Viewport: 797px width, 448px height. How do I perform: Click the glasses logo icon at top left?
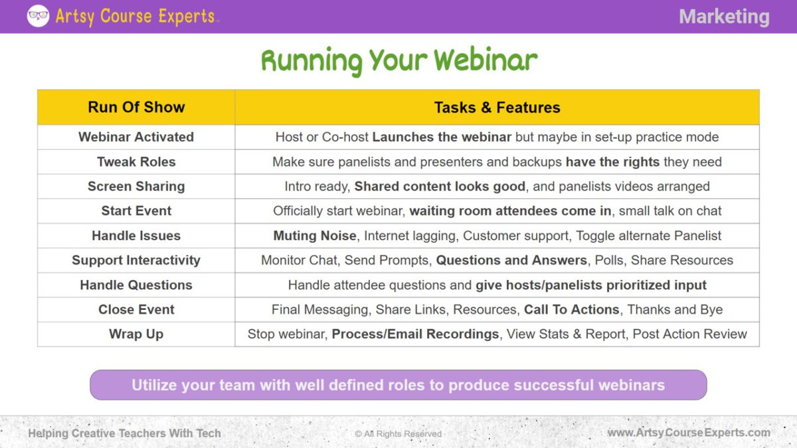(x=38, y=16)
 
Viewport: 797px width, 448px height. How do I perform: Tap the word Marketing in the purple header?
(x=724, y=17)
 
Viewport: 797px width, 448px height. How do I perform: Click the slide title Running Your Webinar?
(x=398, y=60)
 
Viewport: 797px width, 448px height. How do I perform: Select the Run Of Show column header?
(x=136, y=108)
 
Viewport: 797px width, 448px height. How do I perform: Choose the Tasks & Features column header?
(x=497, y=108)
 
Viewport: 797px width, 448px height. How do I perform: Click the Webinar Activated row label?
(x=136, y=137)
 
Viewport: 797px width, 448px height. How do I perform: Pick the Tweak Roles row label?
(x=136, y=162)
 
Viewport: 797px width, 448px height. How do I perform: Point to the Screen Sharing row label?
(x=136, y=187)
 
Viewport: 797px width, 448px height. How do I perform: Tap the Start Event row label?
(x=136, y=211)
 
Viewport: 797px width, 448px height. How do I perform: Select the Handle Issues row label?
(x=136, y=236)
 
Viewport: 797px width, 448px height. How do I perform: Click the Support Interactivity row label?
(x=136, y=260)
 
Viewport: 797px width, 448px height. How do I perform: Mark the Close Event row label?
(x=136, y=309)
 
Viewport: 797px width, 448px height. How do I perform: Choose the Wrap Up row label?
(x=136, y=334)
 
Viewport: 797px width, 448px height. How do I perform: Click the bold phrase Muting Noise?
(x=315, y=236)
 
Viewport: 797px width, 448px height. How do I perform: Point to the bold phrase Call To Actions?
(x=572, y=309)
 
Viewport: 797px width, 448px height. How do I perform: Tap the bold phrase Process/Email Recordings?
(x=415, y=334)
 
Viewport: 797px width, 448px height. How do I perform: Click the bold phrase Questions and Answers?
(x=511, y=260)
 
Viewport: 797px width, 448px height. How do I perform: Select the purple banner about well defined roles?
(x=398, y=385)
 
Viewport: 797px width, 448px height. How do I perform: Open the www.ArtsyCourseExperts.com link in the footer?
(x=689, y=433)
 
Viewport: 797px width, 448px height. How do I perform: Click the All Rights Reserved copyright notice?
(x=398, y=433)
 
